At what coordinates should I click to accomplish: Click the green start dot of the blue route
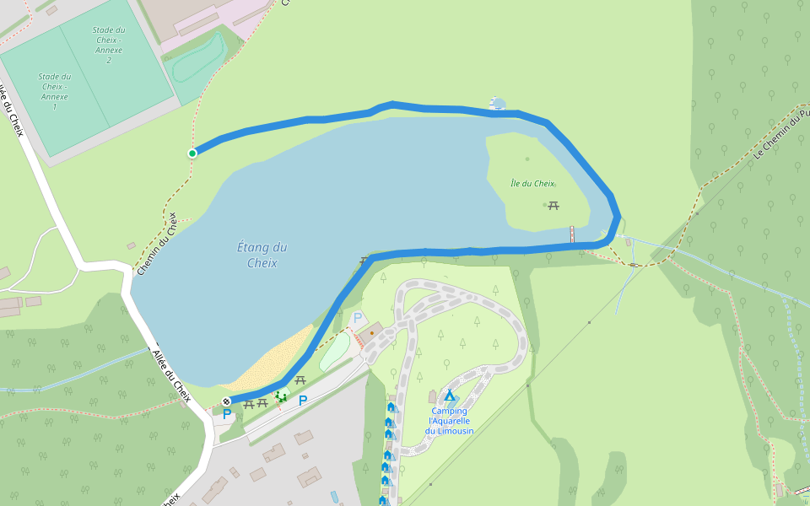[192, 153]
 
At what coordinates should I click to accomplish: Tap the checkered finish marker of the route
[226, 401]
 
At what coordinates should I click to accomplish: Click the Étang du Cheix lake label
[262, 255]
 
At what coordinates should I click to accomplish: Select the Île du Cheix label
[532, 184]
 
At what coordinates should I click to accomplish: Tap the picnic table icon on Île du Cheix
[553, 205]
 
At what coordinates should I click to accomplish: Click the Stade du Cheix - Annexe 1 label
[55, 91]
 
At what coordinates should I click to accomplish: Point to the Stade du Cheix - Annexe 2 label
[108, 45]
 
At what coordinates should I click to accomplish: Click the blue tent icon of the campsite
[449, 396]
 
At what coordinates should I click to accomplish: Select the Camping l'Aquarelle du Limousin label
[449, 421]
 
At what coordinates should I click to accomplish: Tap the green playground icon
[281, 397]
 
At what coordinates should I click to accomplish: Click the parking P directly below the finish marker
[226, 414]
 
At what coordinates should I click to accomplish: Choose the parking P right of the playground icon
[302, 400]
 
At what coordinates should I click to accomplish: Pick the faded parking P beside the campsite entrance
[357, 318]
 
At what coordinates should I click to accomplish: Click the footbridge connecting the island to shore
[572, 234]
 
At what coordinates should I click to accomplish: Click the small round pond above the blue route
[499, 105]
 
